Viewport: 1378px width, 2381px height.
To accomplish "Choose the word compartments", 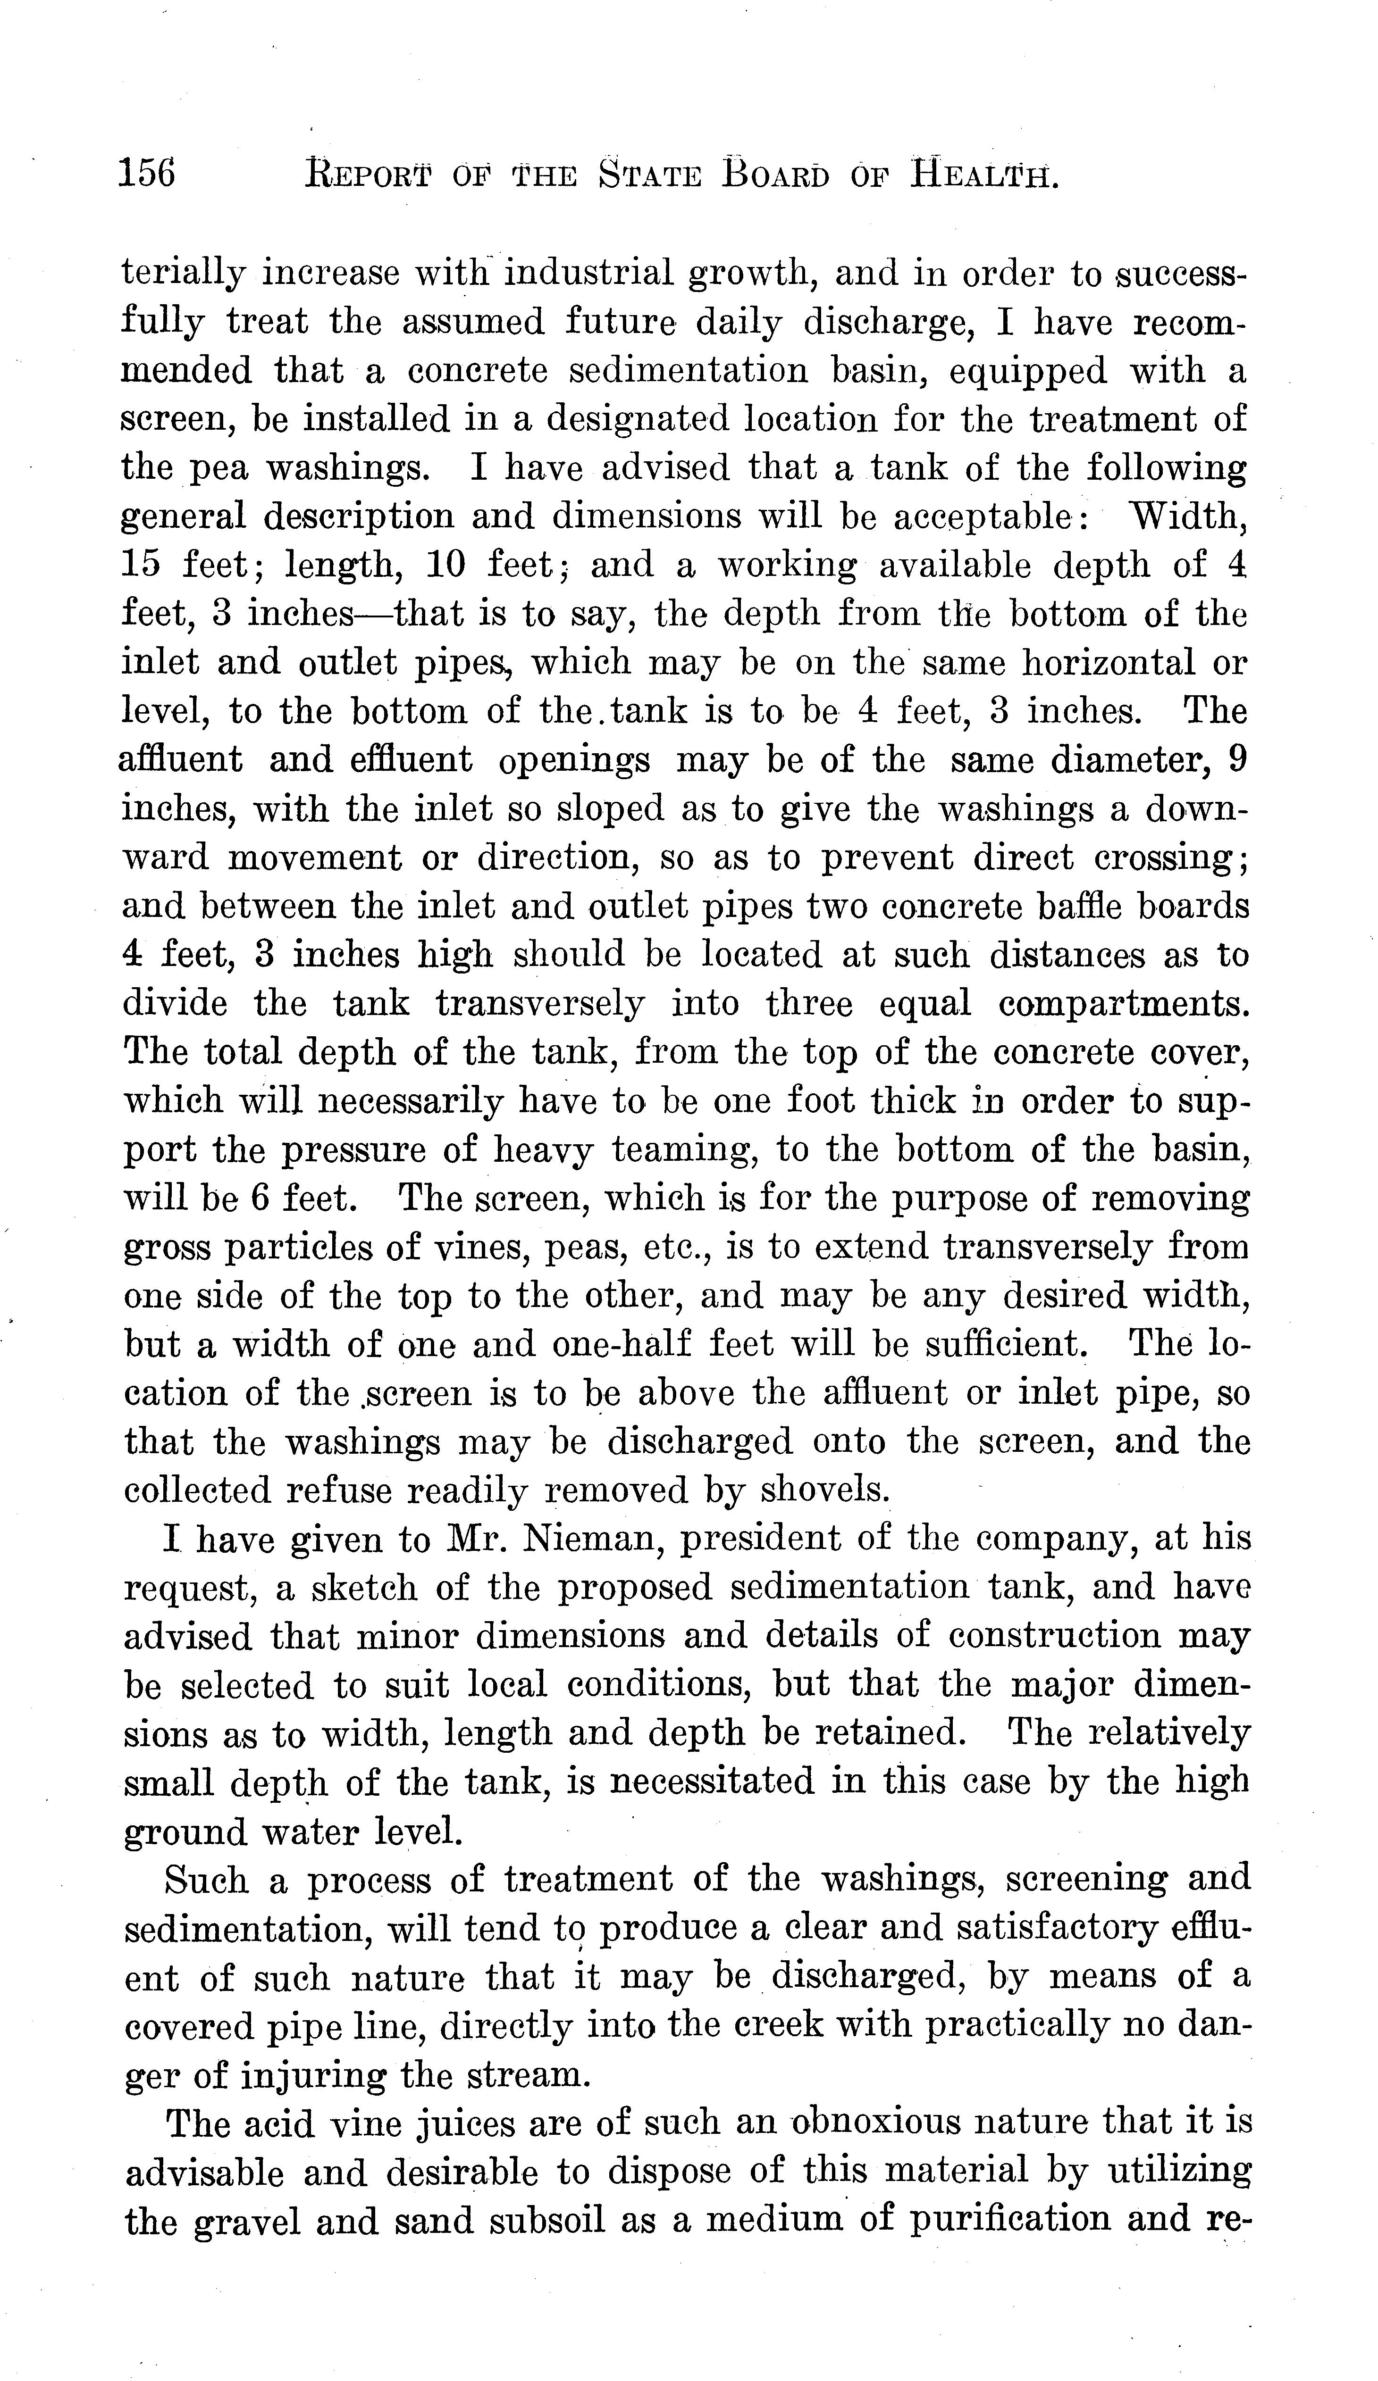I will click(x=1124, y=1003).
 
